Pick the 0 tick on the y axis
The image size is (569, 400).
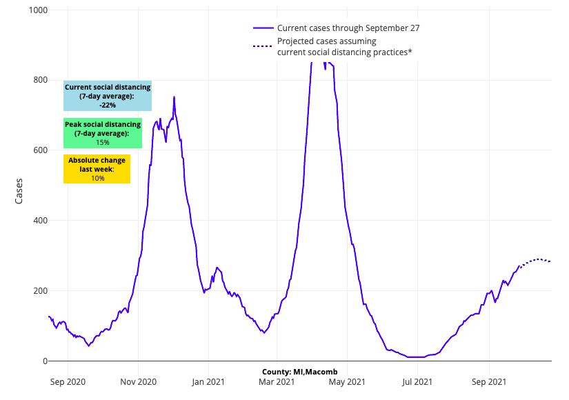(44, 361)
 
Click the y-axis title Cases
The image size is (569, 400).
(19, 191)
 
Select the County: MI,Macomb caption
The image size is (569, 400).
(299, 372)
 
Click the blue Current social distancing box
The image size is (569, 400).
(107, 97)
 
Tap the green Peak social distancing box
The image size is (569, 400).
(102, 133)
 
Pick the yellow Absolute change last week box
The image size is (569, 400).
(97, 169)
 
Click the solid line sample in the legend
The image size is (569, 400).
(263, 28)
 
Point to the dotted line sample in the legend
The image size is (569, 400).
(263, 46)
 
